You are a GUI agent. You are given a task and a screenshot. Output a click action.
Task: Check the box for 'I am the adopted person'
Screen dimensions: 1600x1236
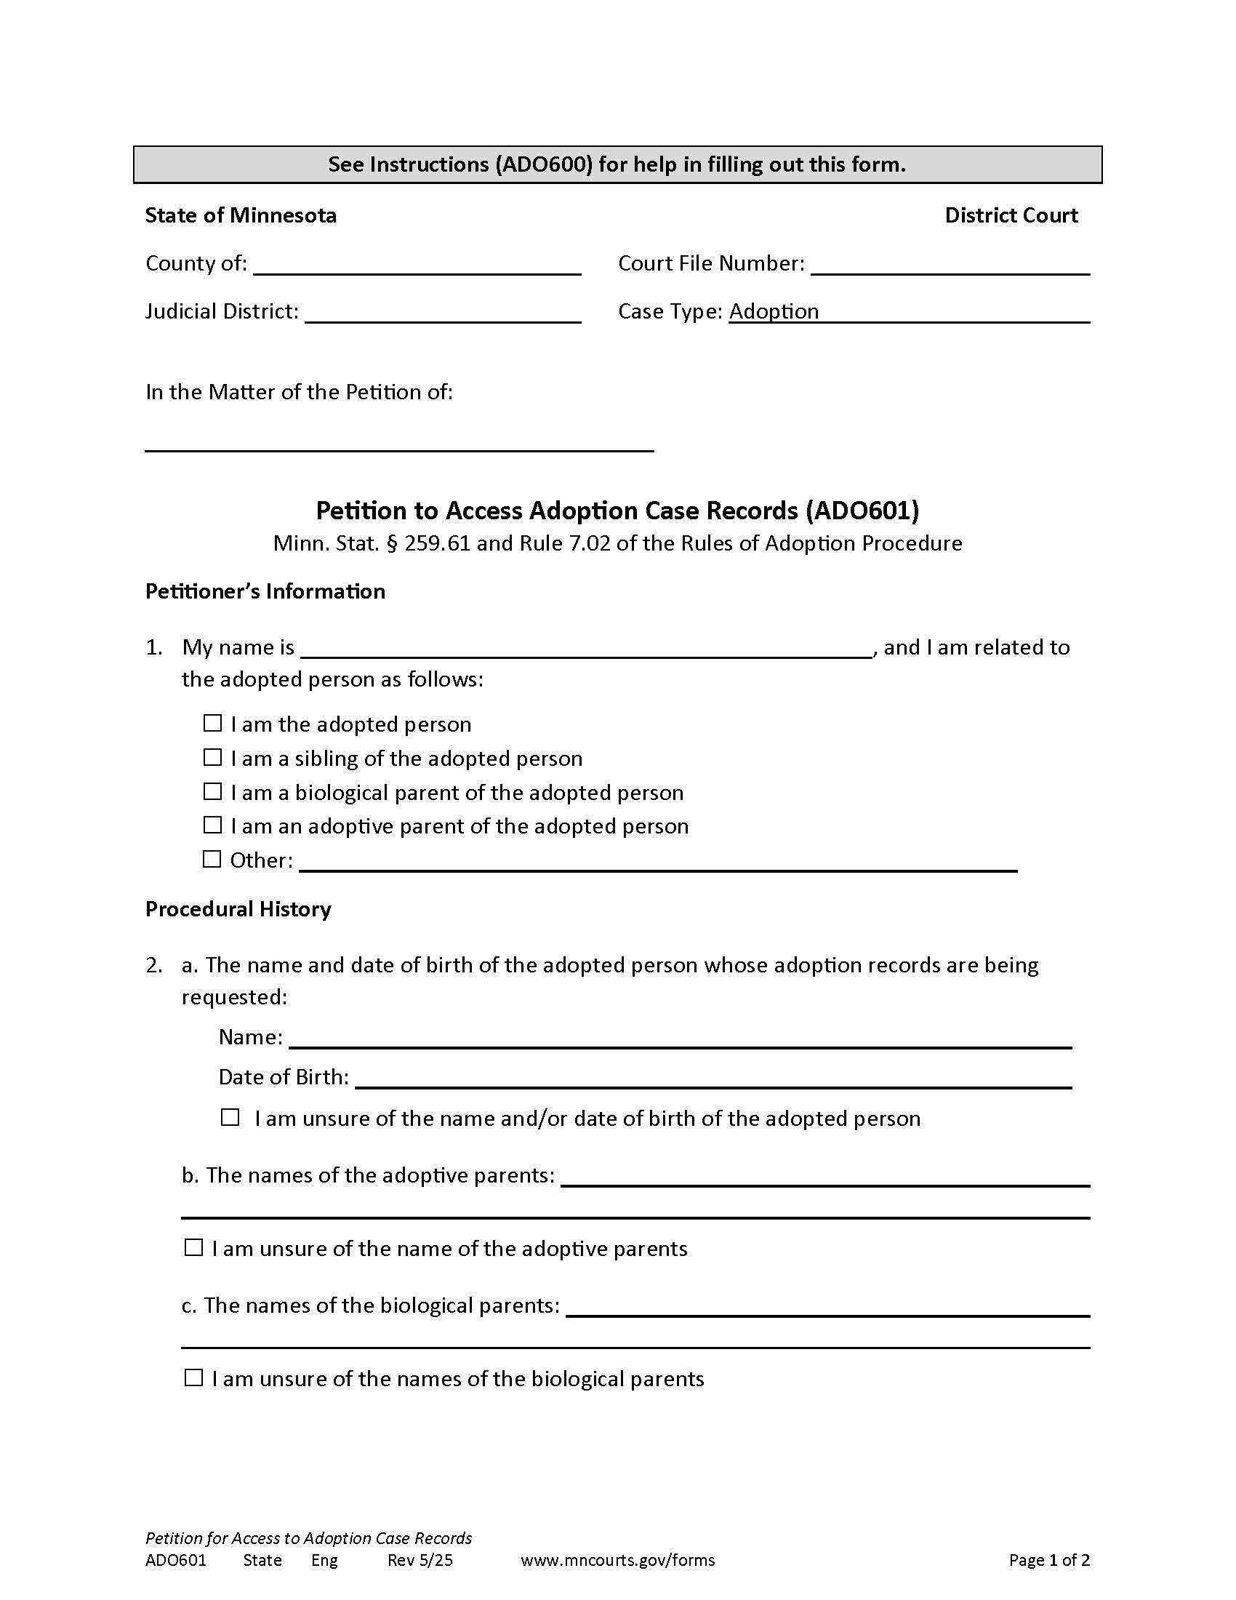[212, 723]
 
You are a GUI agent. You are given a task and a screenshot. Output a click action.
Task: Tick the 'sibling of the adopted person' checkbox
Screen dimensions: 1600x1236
[212, 757]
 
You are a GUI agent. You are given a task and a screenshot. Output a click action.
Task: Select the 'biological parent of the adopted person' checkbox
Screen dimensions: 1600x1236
[212, 791]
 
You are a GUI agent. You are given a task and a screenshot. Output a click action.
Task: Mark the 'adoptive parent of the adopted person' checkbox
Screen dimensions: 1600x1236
[212, 825]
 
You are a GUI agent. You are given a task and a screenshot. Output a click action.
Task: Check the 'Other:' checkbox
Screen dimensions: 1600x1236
[212, 859]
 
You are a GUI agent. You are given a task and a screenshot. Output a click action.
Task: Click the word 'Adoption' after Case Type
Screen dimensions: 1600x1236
[774, 311]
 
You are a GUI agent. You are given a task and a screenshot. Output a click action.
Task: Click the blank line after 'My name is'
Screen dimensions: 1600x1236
[586, 649]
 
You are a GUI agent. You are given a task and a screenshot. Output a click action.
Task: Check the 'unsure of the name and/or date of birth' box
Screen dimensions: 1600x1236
[230, 1117]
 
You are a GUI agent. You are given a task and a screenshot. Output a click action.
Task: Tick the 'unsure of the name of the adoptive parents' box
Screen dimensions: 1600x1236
[193, 1247]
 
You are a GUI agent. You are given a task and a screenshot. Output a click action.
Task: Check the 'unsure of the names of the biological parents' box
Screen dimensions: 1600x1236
[193, 1377]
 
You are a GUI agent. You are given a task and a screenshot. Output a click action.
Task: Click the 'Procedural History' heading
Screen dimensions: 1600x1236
[238, 909]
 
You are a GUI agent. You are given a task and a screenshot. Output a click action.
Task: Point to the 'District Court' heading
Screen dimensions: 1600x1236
[1011, 215]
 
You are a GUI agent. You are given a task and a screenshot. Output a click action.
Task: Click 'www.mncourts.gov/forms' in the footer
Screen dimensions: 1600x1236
[617, 1560]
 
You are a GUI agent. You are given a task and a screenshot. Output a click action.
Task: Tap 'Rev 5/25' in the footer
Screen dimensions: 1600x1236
[420, 1560]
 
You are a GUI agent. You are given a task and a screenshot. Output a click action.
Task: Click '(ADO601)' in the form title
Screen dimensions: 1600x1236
[862, 511]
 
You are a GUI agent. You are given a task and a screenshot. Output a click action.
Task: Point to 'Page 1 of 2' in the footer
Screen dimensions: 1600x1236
[1048, 1560]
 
